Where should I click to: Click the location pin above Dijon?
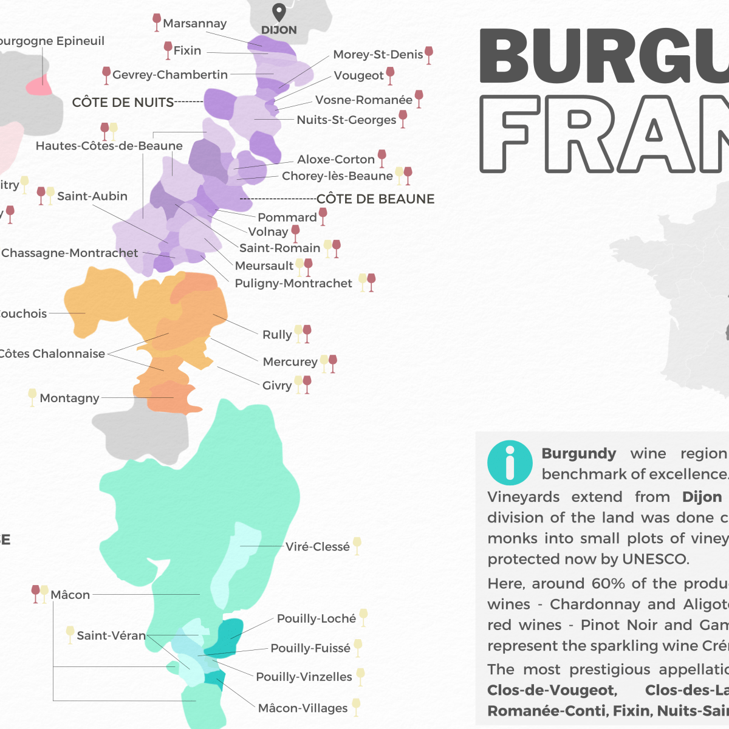point(279,12)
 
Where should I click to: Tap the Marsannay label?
point(194,24)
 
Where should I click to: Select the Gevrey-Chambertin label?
point(170,75)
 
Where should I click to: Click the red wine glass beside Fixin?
point(168,49)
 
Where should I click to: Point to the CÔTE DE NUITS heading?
point(123,103)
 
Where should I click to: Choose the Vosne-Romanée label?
point(363,100)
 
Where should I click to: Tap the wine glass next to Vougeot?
point(391,75)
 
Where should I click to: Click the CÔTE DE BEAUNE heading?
point(375,199)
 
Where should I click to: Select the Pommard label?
point(287,217)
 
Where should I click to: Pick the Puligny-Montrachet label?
point(293,284)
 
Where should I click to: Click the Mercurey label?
point(290,362)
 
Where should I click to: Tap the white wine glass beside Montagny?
point(32,397)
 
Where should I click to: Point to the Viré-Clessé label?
point(318,547)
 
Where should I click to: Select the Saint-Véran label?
point(111,636)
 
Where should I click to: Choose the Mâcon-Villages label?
point(303,708)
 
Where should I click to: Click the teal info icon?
point(510,462)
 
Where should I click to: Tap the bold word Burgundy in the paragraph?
point(578,454)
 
